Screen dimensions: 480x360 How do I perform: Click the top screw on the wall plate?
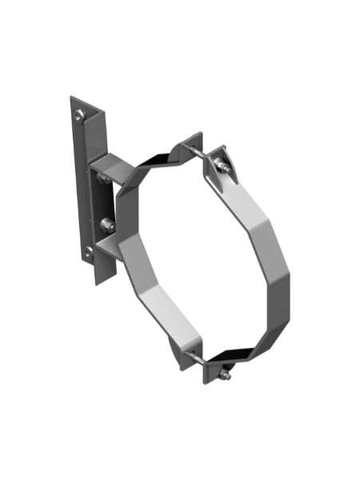tap(78, 117)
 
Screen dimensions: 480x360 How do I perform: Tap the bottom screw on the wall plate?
tap(88, 255)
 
